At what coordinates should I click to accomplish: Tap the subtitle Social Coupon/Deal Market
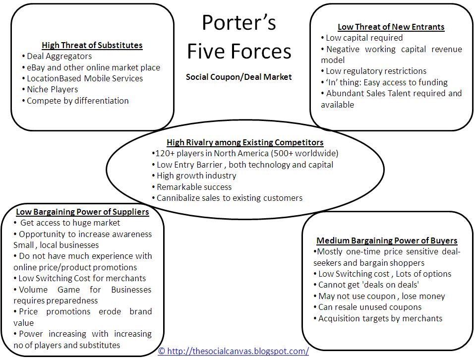238,77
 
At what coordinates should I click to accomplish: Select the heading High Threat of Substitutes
92,45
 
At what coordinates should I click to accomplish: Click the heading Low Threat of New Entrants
391,27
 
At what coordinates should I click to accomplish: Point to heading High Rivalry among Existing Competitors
245,142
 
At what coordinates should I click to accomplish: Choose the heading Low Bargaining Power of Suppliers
82,212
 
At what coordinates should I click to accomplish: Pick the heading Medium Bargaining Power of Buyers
387,241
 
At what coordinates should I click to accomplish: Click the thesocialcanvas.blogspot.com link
234,351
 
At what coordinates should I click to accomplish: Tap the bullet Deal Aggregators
59,56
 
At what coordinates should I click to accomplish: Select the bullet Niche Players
52,89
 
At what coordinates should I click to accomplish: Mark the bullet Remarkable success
194,187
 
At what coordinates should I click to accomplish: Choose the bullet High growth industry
196,176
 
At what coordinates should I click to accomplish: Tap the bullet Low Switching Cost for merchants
82,278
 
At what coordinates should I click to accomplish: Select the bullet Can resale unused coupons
362,307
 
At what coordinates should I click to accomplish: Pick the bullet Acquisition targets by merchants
380,318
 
